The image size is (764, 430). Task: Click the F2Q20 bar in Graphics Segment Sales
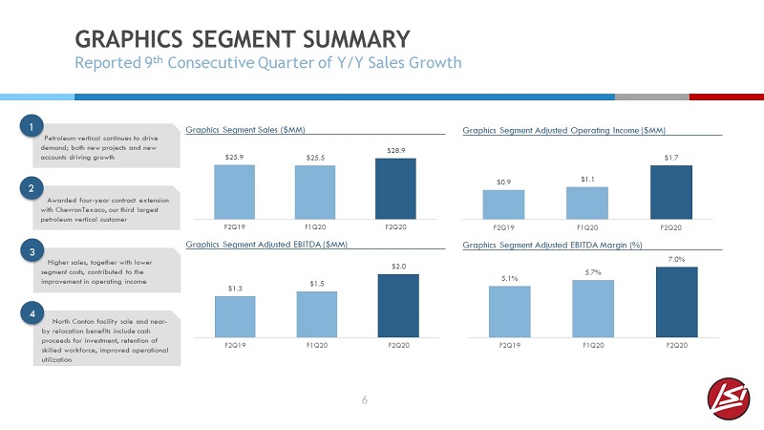(x=395, y=188)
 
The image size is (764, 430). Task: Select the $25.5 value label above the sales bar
(x=315, y=158)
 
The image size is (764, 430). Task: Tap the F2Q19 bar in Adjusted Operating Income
(x=503, y=204)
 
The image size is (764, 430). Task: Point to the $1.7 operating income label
(x=671, y=158)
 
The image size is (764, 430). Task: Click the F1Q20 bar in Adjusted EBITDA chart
(x=317, y=314)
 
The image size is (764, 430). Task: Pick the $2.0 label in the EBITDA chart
(x=398, y=267)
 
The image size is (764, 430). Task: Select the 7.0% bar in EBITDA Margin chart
(x=677, y=302)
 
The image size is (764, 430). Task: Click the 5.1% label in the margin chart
(x=510, y=278)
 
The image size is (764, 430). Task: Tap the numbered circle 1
(x=32, y=127)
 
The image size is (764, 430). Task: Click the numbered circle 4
(x=32, y=313)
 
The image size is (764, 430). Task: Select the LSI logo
(x=729, y=398)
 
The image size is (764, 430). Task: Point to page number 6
(x=365, y=400)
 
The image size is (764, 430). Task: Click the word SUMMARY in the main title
(x=356, y=39)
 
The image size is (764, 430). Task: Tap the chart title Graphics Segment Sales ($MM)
(x=245, y=130)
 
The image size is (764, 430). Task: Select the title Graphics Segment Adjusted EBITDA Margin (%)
(x=552, y=245)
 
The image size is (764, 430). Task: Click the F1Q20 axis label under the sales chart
(x=315, y=227)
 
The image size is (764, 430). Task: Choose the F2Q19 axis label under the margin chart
(x=510, y=345)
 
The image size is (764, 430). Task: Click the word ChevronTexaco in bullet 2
(x=87, y=209)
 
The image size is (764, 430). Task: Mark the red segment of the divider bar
(x=727, y=97)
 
